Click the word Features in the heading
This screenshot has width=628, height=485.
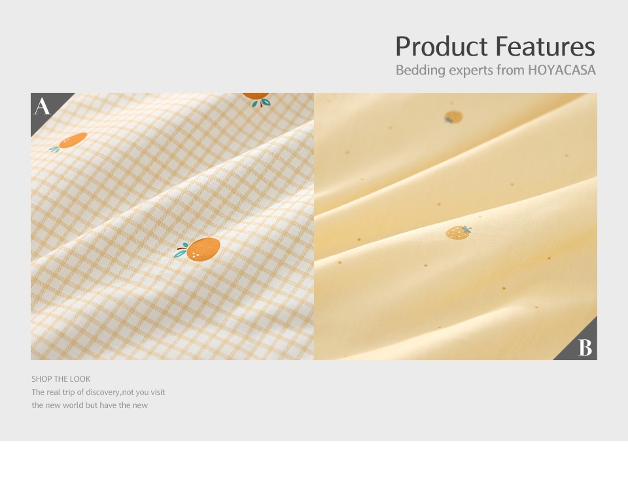(x=545, y=46)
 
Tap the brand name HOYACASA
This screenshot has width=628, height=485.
(x=561, y=70)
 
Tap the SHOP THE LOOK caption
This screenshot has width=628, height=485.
(x=61, y=378)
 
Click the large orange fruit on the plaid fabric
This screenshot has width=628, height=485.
(x=203, y=249)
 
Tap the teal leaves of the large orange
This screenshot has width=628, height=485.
(x=181, y=250)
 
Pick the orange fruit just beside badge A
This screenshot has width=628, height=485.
(x=73, y=140)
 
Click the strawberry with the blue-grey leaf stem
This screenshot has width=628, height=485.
(x=458, y=233)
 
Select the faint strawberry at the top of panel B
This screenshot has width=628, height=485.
(x=453, y=117)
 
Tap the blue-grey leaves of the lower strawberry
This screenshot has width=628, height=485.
(x=467, y=229)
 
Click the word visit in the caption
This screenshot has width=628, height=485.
(x=158, y=392)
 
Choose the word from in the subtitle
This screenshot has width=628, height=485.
(x=510, y=70)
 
